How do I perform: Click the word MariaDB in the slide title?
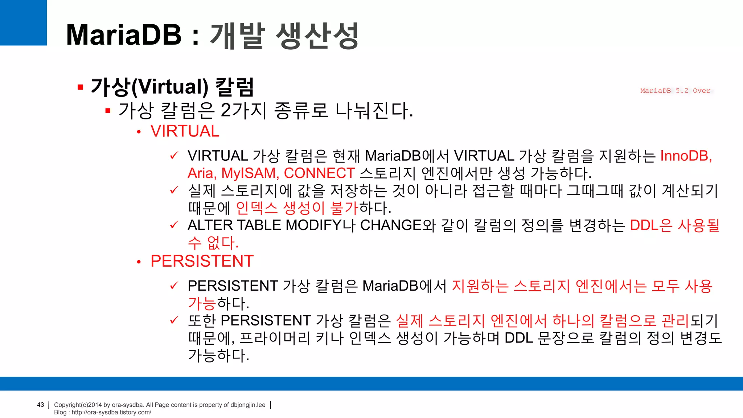click(124, 35)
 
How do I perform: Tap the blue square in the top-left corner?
click(23, 22)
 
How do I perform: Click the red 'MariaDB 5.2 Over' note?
click(675, 91)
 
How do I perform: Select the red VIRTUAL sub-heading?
click(185, 131)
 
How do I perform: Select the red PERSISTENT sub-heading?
click(202, 261)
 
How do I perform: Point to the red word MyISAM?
click(250, 173)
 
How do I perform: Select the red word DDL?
click(644, 225)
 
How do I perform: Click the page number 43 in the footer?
click(41, 405)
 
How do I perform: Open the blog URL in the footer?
click(111, 413)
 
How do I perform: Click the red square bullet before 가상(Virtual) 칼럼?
click(81, 87)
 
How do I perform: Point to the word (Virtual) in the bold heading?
click(170, 87)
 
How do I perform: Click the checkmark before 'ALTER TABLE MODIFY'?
click(174, 225)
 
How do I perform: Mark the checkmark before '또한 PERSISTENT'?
click(174, 320)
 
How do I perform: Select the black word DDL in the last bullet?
click(518, 338)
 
